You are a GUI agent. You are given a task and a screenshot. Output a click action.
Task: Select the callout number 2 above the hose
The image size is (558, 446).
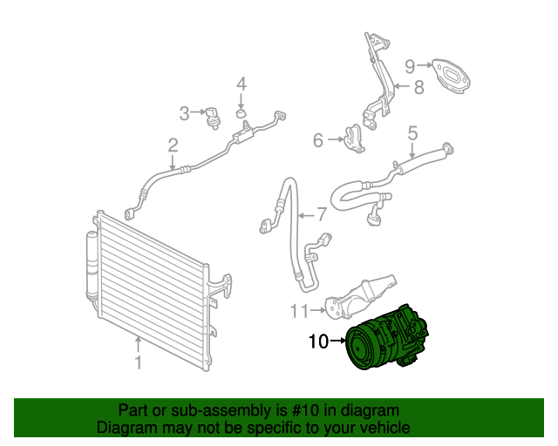point(174,145)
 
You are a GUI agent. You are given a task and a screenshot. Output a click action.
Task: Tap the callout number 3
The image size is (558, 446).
point(184,112)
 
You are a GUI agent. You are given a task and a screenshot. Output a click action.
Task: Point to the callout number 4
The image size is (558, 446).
point(242,84)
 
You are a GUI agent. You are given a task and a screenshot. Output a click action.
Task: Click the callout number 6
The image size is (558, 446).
point(318,140)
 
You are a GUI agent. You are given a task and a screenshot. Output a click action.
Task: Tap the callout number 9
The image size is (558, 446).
point(409,64)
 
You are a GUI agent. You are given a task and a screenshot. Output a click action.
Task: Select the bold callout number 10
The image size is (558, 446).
point(319,341)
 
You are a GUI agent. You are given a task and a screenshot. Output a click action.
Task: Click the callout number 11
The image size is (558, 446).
point(299,309)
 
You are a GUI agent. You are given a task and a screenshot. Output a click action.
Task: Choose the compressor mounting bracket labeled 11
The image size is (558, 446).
point(359,296)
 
